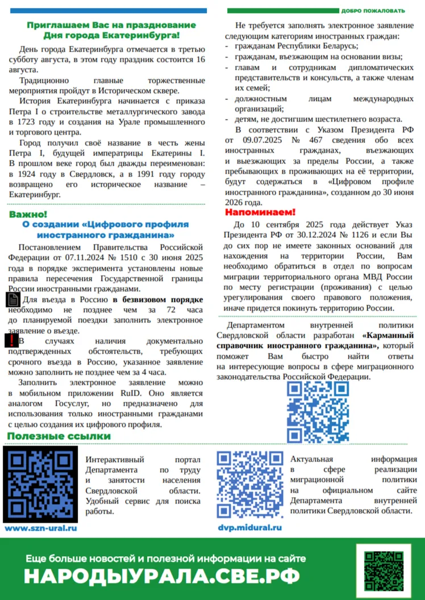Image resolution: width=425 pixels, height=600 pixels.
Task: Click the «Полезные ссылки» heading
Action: coord(59,436)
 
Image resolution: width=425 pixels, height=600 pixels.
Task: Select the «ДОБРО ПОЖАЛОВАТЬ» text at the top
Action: coord(373,11)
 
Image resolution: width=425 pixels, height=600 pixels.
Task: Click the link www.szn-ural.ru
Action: coord(40,528)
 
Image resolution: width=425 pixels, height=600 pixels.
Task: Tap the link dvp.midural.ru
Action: coord(250,527)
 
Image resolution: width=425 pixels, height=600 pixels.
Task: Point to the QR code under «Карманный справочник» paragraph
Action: coord(314,411)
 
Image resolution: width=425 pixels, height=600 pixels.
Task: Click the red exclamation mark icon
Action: coord(11,341)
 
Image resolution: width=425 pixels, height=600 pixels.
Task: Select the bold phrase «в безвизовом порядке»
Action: coord(157,299)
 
